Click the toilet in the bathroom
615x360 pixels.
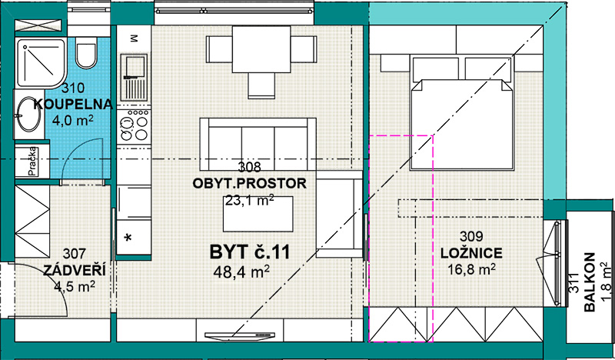pyautogui.click(x=86, y=52)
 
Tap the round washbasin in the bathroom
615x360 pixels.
pyautogui.click(x=28, y=114)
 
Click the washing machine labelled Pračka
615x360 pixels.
pyautogui.click(x=32, y=161)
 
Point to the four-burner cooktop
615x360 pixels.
pyautogui.click(x=134, y=125)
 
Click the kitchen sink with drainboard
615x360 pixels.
pyautogui.click(x=134, y=78)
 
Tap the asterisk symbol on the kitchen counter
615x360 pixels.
pyautogui.click(x=128, y=238)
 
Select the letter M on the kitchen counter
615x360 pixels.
pyautogui.click(x=134, y=38)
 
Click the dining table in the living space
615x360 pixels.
pyautogui.click(x=261, y=49)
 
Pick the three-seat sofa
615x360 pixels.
pyautogui.click(x=258, y=144)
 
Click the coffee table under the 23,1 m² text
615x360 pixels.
pyautogui.click(x=258, y=214)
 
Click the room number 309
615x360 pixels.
pyautogui.click(x=471, y=236)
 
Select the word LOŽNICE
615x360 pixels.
pyautogui.click(x=471, y=253)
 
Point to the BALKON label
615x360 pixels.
pyautogui.click(x=590, y=282)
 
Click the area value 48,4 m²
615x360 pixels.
pyautogui.click(x=241, y=271)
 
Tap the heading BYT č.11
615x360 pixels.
pyautogui.click(x=250, y=252)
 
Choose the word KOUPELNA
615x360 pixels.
pyautogui.click(x=73, y=105)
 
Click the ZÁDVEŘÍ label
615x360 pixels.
pyautogui.click(x=74, y=270)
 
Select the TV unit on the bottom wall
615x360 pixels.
pyautogui.click(x=240, y=335)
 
